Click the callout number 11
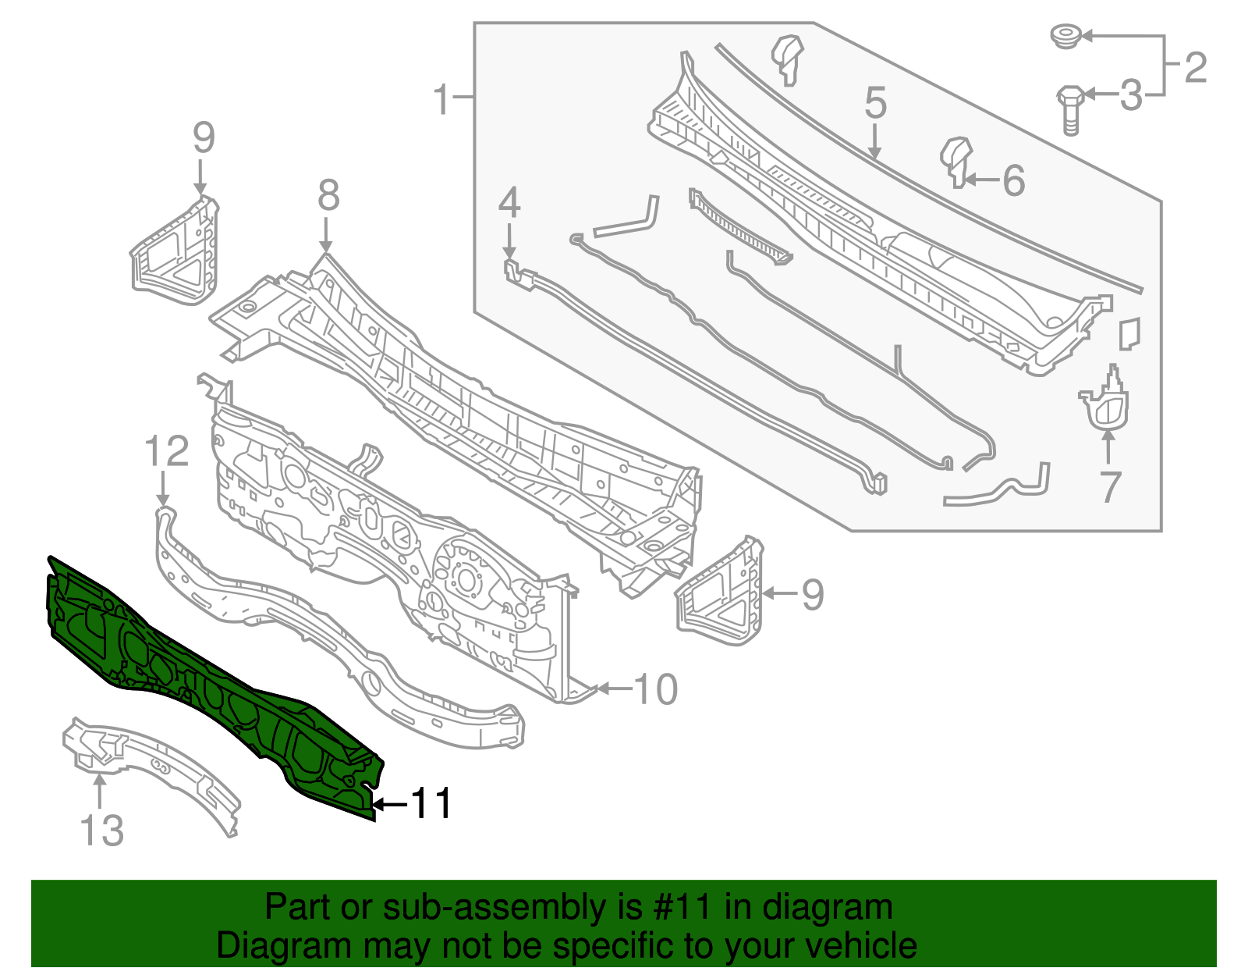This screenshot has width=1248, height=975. click(431, 803)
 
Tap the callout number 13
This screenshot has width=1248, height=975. click(102, 831)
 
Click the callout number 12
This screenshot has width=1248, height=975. click(167, 452)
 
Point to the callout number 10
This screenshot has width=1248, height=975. click(656, 689)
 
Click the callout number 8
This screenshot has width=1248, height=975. click(328, 195)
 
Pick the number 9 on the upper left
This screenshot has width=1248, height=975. click(203, 138)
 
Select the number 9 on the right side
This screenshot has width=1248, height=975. click(812, 594)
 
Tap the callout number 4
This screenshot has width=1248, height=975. click(509, 203)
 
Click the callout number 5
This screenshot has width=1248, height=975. click(875, 104)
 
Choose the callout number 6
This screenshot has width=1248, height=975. click(1012, 180)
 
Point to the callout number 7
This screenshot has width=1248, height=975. click(1110, 486)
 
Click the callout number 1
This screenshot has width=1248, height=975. click(442, 100)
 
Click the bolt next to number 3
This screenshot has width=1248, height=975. click(1069, 109)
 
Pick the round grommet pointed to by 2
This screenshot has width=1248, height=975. click(1064, 36)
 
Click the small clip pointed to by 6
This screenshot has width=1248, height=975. click(957, 160)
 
